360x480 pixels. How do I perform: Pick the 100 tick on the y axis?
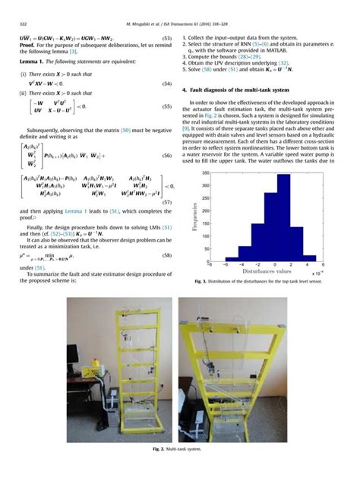(207, 236)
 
